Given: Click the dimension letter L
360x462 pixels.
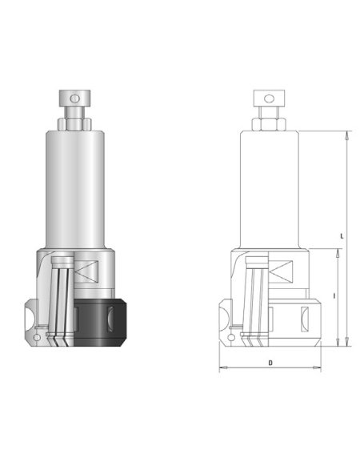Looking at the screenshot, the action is point(342,236).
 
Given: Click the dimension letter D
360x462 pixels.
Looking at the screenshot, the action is point(270,363).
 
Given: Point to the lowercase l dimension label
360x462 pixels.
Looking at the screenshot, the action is point(334,295).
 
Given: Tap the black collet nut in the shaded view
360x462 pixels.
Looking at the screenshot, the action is point(100,323).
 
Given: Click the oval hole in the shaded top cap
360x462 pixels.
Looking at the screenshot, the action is point(74,98).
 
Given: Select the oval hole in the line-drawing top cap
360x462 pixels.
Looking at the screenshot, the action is point(269,98).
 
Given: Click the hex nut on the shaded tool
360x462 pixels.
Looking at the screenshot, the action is point(74,124).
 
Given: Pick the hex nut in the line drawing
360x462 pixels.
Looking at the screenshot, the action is point(269,124).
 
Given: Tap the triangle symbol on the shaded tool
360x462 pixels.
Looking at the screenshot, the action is point(86,271).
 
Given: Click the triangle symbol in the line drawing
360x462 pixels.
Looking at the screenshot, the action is point(281,271).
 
